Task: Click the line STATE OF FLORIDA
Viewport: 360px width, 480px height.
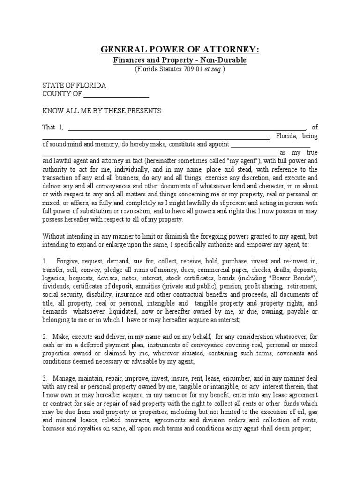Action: click(74, 86)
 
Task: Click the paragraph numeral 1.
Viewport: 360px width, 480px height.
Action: click(45, 261)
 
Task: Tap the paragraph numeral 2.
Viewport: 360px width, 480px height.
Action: click(45, 337)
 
